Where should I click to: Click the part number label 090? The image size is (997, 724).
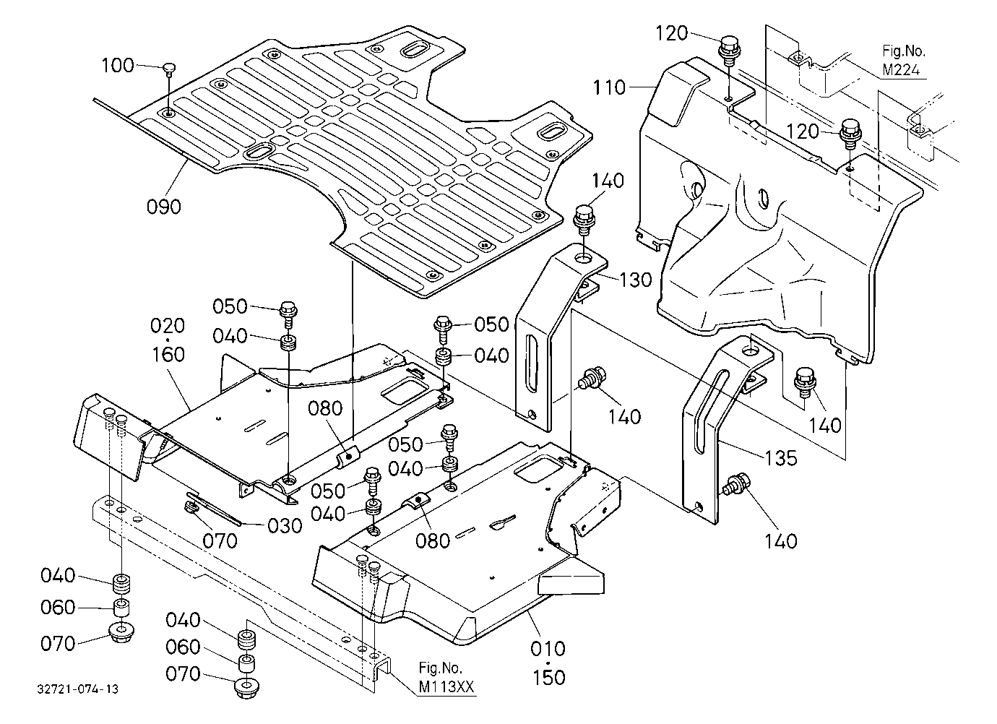164,207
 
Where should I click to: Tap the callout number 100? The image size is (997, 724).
118,66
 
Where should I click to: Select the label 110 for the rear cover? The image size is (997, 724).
609,87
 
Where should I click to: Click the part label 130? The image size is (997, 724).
635,280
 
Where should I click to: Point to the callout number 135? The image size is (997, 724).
781,457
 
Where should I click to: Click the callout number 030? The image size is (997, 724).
285,526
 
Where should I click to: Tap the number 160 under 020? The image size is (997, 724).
168,355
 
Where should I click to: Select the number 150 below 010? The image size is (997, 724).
549,677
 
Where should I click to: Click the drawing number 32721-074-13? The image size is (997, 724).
78,689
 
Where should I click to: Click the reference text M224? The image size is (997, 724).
902,70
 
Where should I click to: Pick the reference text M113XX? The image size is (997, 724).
446,687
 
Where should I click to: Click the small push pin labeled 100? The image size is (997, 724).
168,69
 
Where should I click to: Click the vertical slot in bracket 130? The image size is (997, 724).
532,365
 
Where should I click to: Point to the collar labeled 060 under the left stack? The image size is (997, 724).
121,608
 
